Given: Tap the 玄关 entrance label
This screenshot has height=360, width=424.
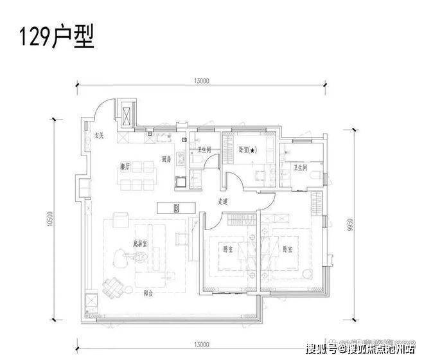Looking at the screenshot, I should coord(99,136).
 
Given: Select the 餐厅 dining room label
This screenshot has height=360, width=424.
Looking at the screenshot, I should coord(125,165).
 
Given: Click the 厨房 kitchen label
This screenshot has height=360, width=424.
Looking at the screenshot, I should coord(166,159).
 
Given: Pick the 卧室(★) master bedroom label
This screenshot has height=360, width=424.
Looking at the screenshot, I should coord(247,150).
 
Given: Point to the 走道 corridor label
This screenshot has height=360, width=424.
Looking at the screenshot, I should coord(223,201).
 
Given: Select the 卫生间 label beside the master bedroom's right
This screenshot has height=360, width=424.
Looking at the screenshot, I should coord(300,167).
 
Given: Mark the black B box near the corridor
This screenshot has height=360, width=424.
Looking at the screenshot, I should coord(177,208).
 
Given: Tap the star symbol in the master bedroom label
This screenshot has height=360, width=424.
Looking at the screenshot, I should coord(252,150).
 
